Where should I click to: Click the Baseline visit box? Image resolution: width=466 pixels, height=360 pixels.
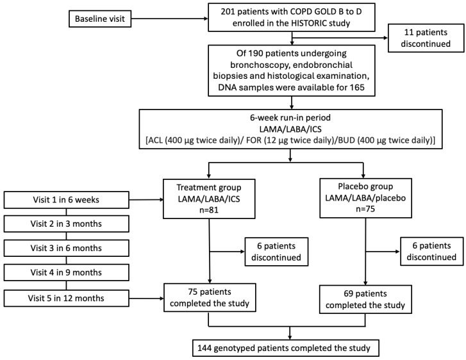[x=100, y=19]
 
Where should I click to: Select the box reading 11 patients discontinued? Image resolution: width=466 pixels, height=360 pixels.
[x=426, y=38]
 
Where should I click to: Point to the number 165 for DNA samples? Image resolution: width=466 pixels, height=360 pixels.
[x=357, y=87]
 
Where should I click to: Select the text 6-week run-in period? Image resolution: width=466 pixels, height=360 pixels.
[x=290, y=118]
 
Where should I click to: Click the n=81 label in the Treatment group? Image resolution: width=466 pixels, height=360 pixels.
[x=209, y=210]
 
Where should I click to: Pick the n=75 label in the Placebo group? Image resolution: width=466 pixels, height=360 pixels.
[x=365, y=209]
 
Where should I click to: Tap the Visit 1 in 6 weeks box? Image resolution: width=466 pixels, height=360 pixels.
[x=66, y=200]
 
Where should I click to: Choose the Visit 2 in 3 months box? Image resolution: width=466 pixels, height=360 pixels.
[x=66, y=224]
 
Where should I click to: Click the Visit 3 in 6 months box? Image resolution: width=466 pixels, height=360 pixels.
[x=66, y=248]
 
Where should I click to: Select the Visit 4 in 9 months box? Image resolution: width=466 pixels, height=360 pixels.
[x=66, y=272]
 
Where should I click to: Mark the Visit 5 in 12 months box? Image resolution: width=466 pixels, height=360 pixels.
[x=66, y=299]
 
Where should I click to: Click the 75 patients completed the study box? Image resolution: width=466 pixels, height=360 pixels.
[x=210, y=297]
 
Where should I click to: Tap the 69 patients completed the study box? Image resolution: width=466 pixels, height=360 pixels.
[x=365, y=299]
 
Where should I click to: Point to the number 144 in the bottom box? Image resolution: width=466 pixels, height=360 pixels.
[x=204, y=348]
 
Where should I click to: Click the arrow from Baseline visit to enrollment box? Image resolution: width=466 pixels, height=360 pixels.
[x=170, y=19]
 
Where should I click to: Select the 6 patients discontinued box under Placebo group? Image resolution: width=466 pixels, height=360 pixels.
[x=431, y=251]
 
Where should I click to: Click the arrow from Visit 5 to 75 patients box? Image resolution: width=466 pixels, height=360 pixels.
[x=147, y=299]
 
